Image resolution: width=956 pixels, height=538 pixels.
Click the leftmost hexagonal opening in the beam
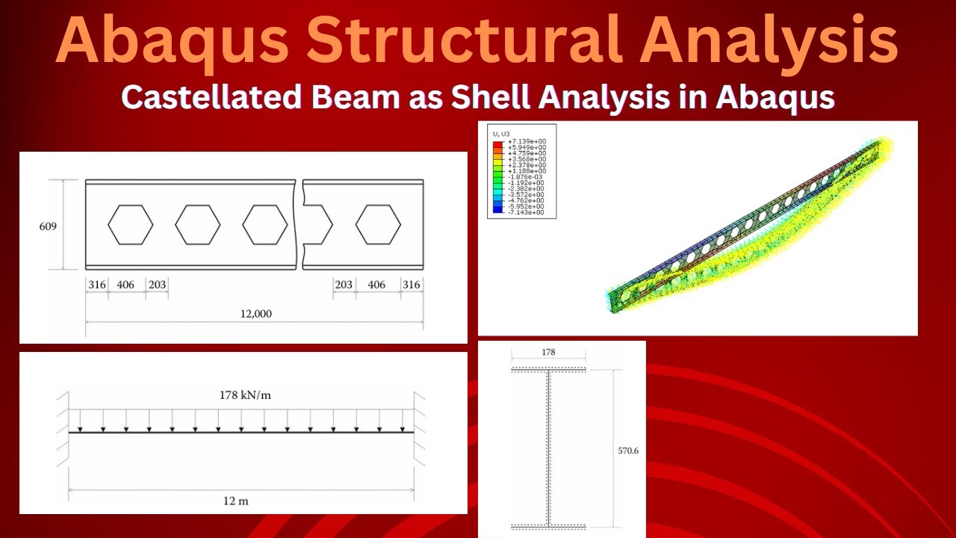pyautogui.click(x=131, y=224)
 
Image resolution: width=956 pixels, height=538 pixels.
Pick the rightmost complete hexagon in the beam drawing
pyautogui.click(x=378, y=224)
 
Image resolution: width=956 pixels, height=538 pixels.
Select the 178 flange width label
pyautogui.click(x=547, y=352)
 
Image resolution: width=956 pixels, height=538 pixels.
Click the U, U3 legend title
pyautogui.click(x=500, y=134)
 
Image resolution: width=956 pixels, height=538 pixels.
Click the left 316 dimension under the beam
pyautogui.click(x=97, y=285)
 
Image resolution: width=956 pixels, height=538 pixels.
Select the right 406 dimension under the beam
pyautogui.click(x=377, y=285)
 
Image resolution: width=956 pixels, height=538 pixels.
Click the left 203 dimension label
pyautogui.click(x=157, y=285)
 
